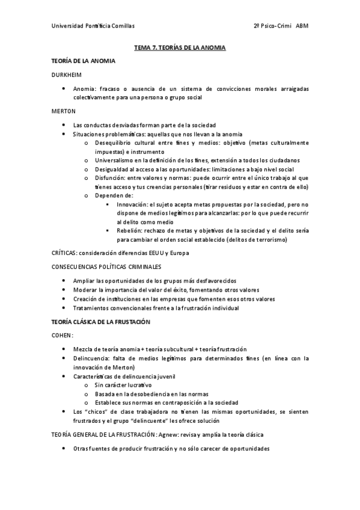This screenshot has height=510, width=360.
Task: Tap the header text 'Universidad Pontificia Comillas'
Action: [93, 26]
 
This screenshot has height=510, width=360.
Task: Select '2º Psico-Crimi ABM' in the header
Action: [281, 26]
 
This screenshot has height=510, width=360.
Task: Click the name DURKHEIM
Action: [69, 75]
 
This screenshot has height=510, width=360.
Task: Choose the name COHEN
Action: [63, 336]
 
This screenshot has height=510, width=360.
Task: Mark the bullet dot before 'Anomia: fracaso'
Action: [64, 89]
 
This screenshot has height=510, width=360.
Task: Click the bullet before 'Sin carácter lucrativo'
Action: [88, 385]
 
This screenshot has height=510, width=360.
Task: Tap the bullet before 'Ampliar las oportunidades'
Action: [64, 281]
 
